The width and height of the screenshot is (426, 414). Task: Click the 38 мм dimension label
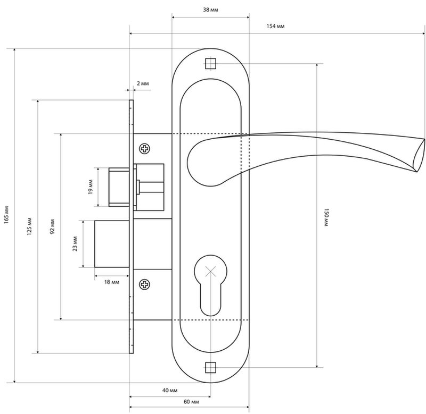pyautogui.click(x=210, y=10)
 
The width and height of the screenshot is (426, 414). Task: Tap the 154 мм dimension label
pyautogui.click(x=275, y=26)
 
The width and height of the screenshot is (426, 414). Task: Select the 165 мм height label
pyautogui.click(x=7, y=215)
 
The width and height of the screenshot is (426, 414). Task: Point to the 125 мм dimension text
pyautogui.click(x=30, y=226)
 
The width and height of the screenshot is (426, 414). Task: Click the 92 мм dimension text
pyautogui.click(x=52, y=226)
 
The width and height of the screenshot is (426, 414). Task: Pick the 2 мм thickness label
pyautogui.click(x=143, y=83)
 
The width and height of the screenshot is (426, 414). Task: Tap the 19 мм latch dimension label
pyautogui.click(x=91, y=187)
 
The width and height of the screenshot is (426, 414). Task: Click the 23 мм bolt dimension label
pyautogui.click(x=75, y=244)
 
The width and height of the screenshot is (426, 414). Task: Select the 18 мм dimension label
pyautogui.click(x=112, y=282)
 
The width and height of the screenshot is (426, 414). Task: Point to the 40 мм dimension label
pyautogui.click(x=170, y=390)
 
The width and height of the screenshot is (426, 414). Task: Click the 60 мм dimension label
pyautogui.click(x=191, y=402)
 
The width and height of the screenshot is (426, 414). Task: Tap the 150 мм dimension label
pyautogui.click(x=326, y=217)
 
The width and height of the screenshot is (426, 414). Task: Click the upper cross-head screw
pyautogui.click(x=144, y=149)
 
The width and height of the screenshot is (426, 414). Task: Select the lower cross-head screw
pyautogui.click(x=144, y=284)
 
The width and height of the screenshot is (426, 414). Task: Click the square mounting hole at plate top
pyautogui.click(x=210, y=64)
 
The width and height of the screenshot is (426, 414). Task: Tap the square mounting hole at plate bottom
pyautogui.click(x=210, y=367)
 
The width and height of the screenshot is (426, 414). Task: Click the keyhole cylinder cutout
pyautogui.click(x=210, y=285)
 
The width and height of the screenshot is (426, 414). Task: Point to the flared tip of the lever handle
pyautogui.click(x=419, y=155)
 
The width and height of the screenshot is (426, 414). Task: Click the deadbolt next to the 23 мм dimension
pyautogui.click(x=112, y=244)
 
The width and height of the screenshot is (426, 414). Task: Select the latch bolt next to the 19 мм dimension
pyautogui.click(x=119, y=187)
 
